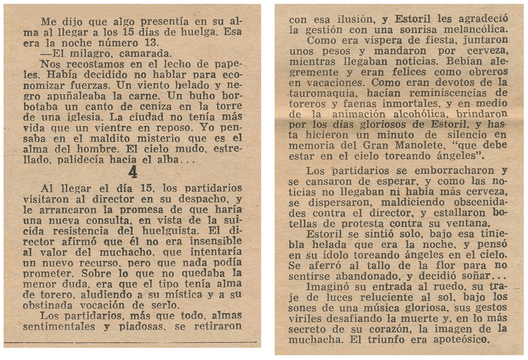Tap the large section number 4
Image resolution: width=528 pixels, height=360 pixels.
[133, 172]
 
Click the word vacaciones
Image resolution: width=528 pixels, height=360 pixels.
[333, 82]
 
